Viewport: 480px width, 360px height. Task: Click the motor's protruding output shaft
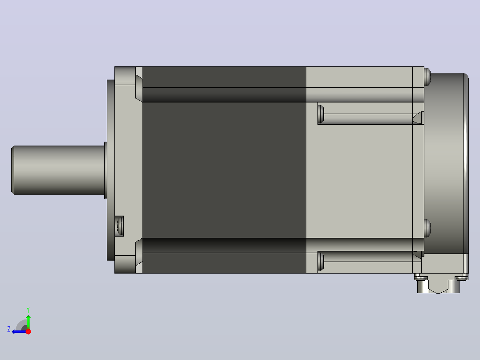58,170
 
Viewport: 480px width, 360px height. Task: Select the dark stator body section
224,170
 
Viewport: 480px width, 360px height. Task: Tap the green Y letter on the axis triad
28,310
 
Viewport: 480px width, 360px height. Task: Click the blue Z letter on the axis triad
9,329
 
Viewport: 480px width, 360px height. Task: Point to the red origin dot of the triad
28,331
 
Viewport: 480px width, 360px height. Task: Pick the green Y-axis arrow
28,322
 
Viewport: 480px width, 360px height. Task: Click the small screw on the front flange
120,226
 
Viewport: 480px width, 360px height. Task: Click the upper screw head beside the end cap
427,77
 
